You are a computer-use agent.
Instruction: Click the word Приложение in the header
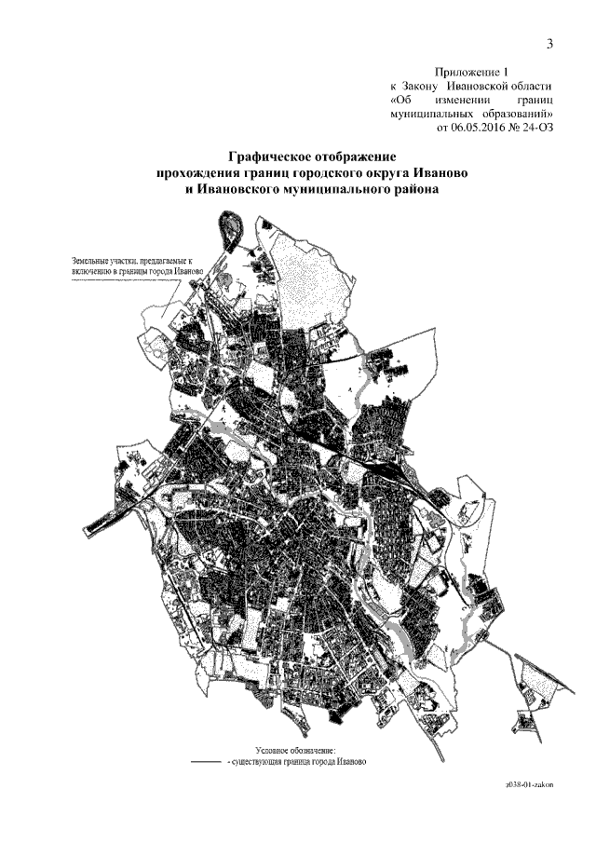[x=470, y=71]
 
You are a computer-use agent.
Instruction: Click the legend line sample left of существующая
[x=204, y=761]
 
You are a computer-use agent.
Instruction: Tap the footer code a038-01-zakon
[x=528, y=785]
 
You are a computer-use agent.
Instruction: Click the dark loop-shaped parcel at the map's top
[x=229, y=227]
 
